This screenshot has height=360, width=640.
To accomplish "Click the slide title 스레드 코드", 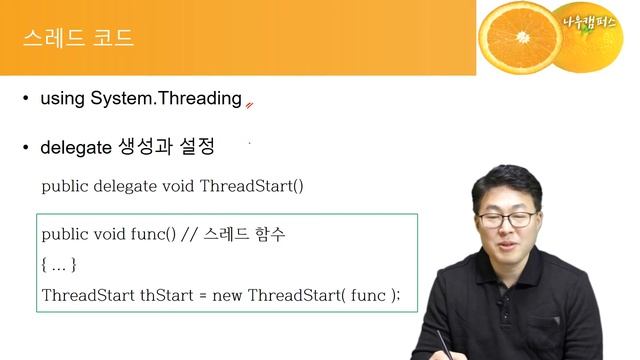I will [78, 39].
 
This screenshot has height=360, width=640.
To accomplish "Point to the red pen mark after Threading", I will [250, 102].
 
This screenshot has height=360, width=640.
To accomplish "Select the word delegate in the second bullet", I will [75, 147].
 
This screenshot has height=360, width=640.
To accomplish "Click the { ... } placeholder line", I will [59, 265].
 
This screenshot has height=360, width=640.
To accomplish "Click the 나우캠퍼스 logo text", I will [593, 27].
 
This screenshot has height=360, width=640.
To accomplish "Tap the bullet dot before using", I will [27, 99].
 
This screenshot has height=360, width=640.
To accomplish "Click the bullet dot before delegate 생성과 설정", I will [27, 148].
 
